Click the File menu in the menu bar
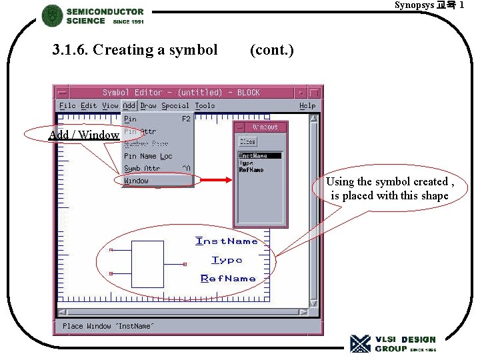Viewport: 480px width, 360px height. tap(67, 105)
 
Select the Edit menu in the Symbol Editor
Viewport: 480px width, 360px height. tap(89, 105)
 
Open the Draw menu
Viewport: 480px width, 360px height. tap(149, 105)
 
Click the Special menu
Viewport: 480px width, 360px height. tap(175, 105)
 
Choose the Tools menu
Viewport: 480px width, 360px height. tap(205, 105)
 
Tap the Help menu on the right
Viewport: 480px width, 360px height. tap(307, 105)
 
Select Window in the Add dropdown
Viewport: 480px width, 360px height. tap(137, 181)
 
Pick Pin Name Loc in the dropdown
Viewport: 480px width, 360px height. tap(148, 156)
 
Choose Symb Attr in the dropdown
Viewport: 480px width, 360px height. tap(142, 168)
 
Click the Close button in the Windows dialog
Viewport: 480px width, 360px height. tap(247, 142)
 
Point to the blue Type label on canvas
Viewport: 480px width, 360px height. tap(227, 260)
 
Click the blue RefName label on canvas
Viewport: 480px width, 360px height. tap(228, 278)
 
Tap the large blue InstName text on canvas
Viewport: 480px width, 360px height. tap(227, 241)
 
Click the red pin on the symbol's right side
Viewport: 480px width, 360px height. tap(185, 264)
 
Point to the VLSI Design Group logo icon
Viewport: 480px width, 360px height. tap(360, 343)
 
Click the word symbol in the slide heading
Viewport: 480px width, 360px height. tap(193, 50)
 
